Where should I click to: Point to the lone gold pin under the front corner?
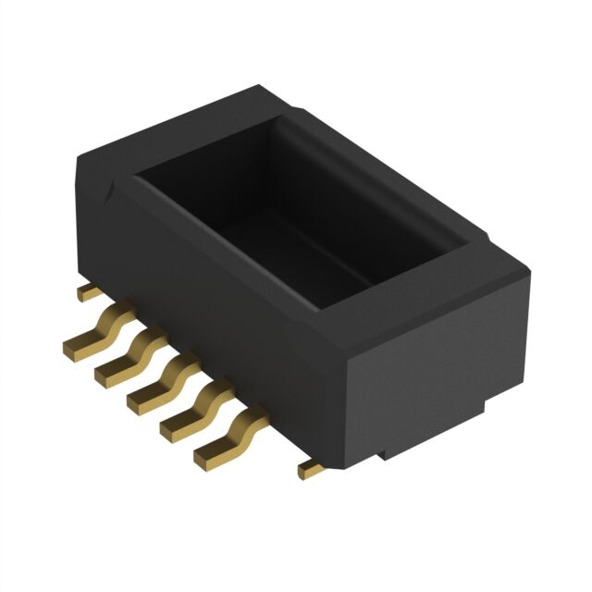[x=313, y=470]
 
